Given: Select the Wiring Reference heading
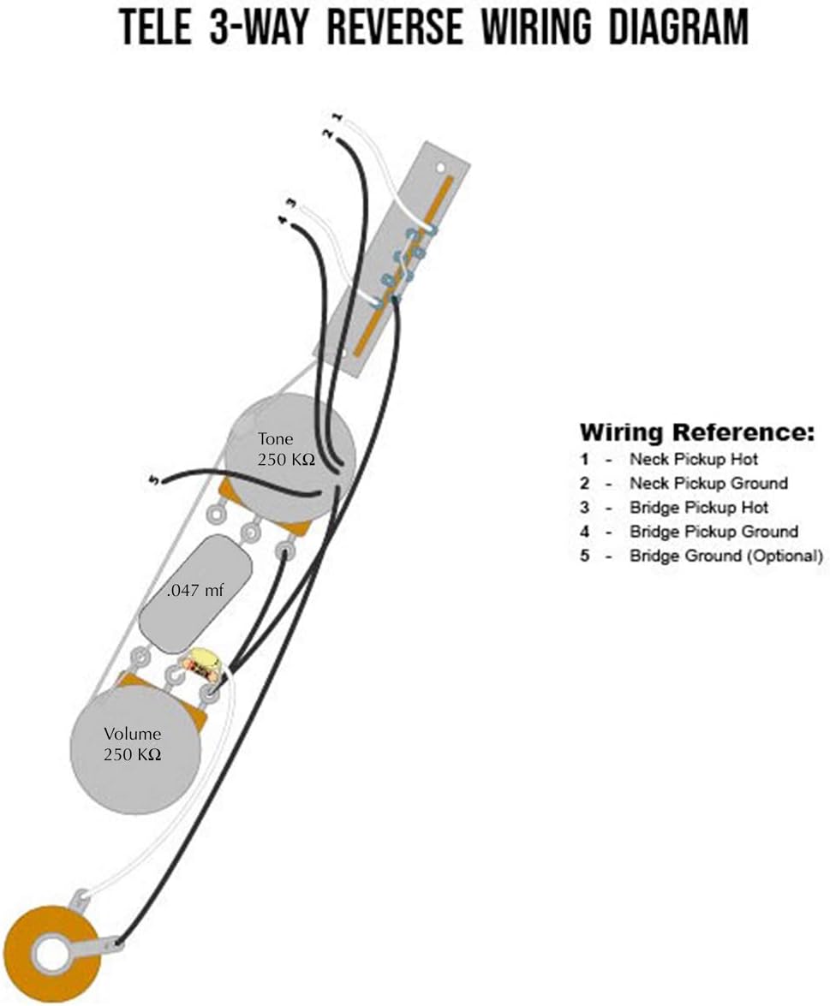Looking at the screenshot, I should pos(696,432).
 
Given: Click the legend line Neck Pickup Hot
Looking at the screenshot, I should pos(693,459).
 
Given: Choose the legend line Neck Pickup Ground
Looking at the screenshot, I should pos(708,483).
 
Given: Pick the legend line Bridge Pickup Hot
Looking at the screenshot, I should pos(698,507).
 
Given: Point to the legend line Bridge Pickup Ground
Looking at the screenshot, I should pos(713,532).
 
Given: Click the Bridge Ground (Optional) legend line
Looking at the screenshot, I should pos(725,556).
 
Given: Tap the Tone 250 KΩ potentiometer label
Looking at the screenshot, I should pos(286,449).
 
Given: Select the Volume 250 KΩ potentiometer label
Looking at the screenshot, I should pos(132,743).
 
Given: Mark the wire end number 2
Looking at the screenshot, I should pos(326,133).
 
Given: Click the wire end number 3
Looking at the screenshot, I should pos(290,204).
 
